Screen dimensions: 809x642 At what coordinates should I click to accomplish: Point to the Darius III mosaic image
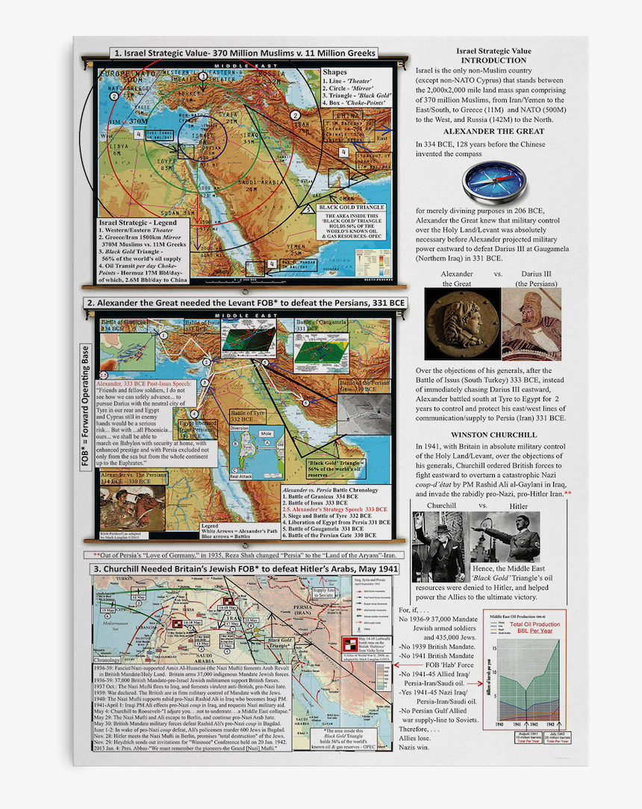pos(531,323)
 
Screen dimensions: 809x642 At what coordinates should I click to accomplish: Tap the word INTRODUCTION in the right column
pos(493,61)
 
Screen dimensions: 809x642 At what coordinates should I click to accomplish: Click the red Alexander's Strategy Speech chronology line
pos(334,509)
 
